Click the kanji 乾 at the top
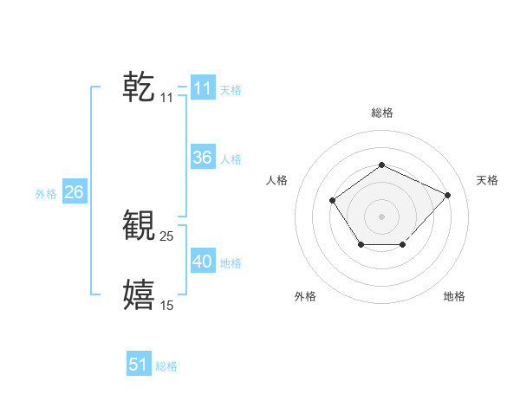click(139, 87)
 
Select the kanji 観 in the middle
click(139, 225)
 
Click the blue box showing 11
click(203, 88)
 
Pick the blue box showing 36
click(203, 158)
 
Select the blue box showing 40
click(203, 262)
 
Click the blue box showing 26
click(74, 192)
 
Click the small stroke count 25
click(167, 236)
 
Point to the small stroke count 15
click(167, 306)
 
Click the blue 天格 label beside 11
click(231, 89)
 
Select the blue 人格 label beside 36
click(231, 159)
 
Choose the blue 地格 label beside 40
click(231, 263)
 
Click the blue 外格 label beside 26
click(46, 194)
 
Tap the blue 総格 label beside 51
click(166, 366)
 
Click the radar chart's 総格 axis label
click(381, 113)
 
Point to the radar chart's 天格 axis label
click(488, 180)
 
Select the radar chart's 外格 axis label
click(305, 297)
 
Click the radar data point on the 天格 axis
click(447, 195)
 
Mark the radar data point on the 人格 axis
click(334, 201)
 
